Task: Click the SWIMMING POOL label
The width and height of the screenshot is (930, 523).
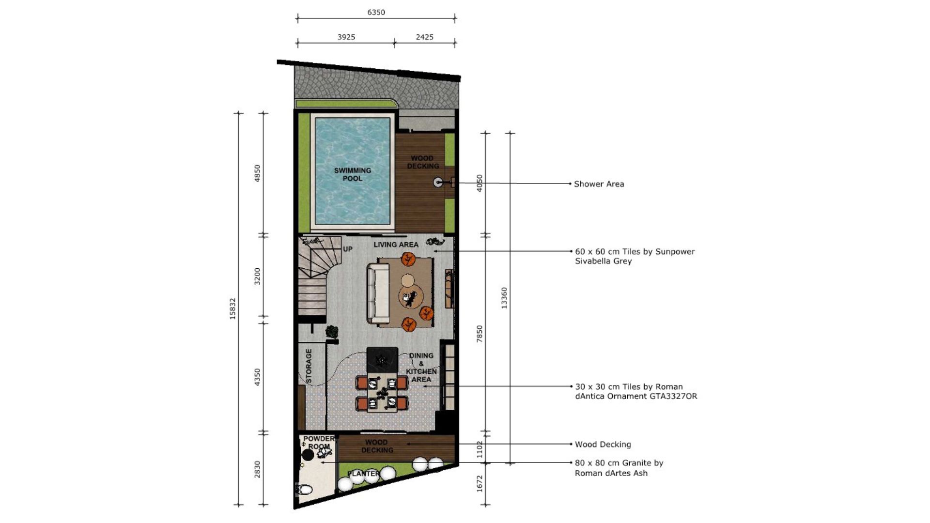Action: pyautogui.click(x=353, y=174)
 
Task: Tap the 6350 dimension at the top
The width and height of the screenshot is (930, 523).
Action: pyautogui.click(x=376, y=12)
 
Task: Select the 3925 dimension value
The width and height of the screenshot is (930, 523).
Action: pyautogui.click(x=346, y=37)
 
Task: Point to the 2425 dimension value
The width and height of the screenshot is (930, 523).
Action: pyautogui.click(x=424, y=37)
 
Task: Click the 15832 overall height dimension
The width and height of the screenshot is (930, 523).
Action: pyautogui.click(x=232, y=308)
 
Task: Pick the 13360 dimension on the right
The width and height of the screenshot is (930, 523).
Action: pyautogui.click(x=504, y=298)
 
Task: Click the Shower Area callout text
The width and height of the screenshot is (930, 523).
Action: pyautogui.click(x=599, y=184)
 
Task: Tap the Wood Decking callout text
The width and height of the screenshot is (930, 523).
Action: pyautogui.click(x=603, y=444)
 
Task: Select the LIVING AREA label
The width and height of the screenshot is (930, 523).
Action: pyautogui.click(x=396, y=245)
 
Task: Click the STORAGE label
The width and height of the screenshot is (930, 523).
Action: pyautogui.click(x=309, y=366)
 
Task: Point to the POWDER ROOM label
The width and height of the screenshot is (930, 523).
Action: pyautogui.click(x=319, y=443)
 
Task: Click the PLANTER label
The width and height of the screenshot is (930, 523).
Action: pyautogui.click(x=363, y=473)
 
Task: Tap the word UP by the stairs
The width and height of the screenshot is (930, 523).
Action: pyautogui.click(x=348, y=249)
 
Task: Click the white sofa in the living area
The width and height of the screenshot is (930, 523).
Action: pyautogui.click(x=378, y=293)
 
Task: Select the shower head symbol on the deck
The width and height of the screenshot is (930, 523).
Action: pyautogui.click(x=438, y=183)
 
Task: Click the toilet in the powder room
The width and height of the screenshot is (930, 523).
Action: pyautogui.click(x=305, y=489)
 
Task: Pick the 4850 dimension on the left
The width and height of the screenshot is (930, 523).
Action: pyautogui.click(x=257, y=173)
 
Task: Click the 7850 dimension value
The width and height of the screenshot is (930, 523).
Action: pyautogui.click(x=480, y=334)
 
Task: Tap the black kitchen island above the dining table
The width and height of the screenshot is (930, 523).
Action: pyautogui.click(x=382, y=360)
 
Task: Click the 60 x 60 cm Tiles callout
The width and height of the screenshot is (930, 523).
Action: pyautogui.click(x=635, y=256)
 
